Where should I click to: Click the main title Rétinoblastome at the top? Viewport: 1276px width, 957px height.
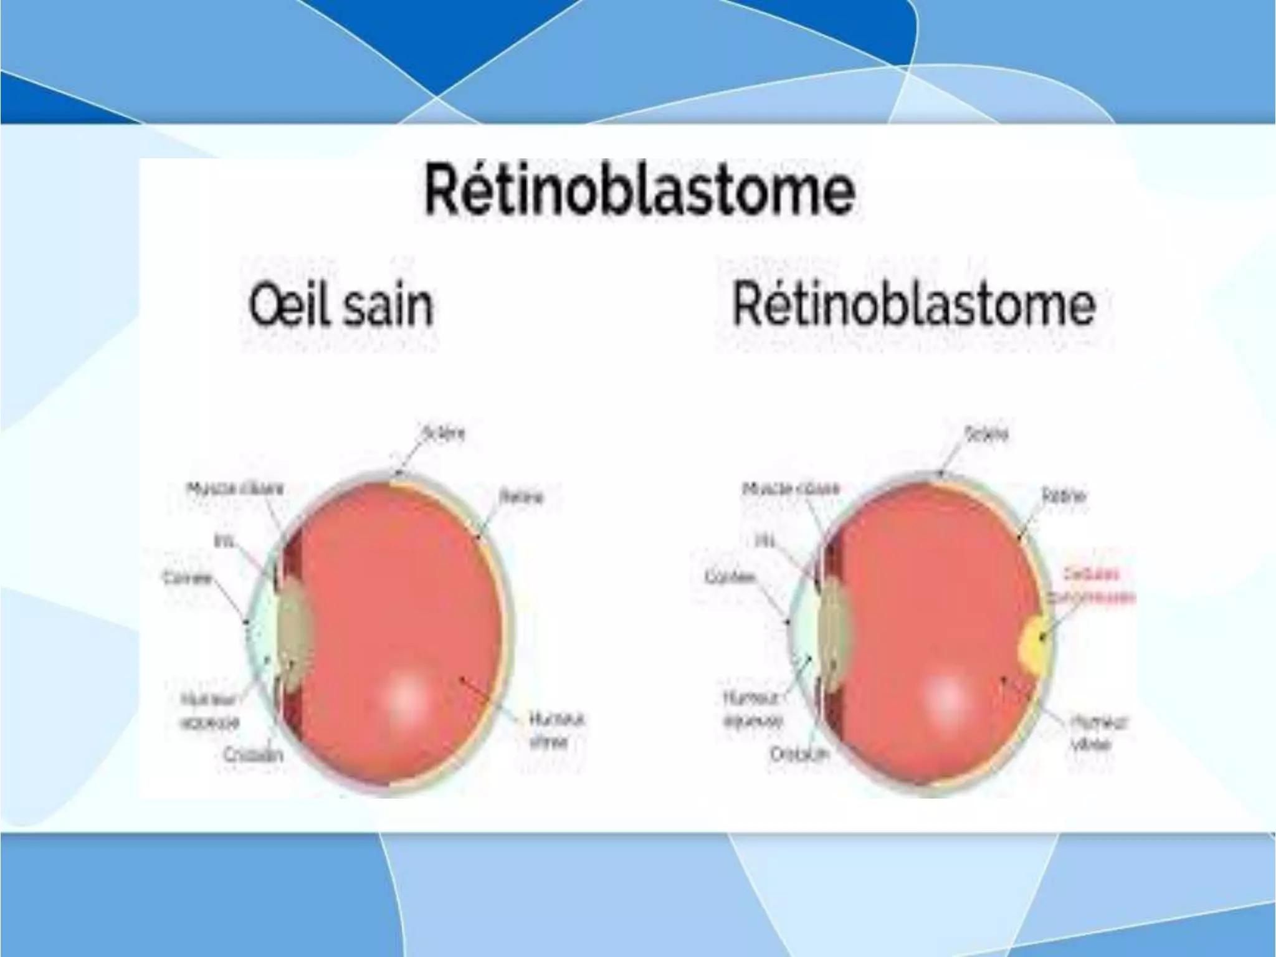tap(639, 189)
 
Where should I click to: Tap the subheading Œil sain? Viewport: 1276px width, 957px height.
tap(340, 305)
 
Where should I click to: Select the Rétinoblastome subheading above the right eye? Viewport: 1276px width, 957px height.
tap(913, 305)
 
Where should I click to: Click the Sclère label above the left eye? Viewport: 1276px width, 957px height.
tap(444, 433)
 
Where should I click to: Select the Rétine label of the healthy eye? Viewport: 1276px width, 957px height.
tap(521, 497)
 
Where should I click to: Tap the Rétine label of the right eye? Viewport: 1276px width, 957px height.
tap(1064, 496)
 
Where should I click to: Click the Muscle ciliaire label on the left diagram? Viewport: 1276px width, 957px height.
tap(236, 488)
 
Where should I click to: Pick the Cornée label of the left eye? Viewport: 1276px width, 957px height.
tap(188, 578)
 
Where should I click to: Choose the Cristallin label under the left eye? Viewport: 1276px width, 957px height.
tap(254, 755)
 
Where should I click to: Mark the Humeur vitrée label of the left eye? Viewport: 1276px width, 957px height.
tap(556, 730)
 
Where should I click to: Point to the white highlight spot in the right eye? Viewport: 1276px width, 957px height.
tap(946, 697)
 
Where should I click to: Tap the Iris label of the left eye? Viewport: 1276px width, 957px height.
tap(224, 541)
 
